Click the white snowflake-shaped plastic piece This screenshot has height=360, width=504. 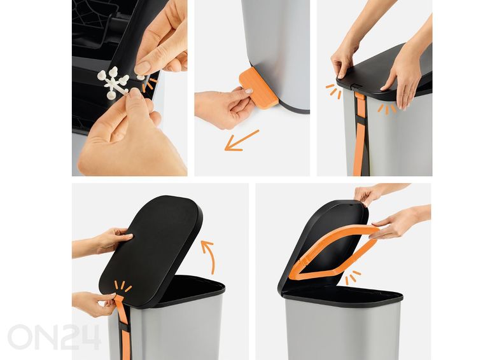pyautogui.click(x=114, y=81)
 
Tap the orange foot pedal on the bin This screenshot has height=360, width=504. pyautogui.click(x=258, y=88)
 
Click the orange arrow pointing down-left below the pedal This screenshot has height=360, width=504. pyautogui.click(x=241, y=141)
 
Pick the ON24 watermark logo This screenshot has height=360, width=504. pyautogui.click(x=54, y=337)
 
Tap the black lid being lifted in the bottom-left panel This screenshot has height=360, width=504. pyautogui.click(x=151, y=249)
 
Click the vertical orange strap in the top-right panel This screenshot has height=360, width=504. pyautogui.click(x=359, y=134)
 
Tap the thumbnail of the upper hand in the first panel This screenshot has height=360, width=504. pyautogui.click(x=143, y=67)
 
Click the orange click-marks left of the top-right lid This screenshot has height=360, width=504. pyautogui.click(x=333, y=91)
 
